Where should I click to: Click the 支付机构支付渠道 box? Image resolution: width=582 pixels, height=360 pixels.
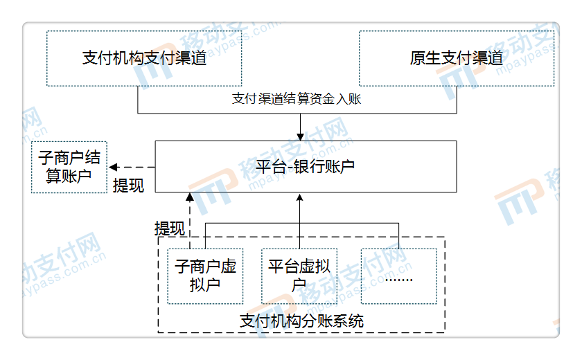click(144, 58)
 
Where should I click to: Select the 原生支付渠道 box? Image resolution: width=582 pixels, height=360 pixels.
click(456, 58)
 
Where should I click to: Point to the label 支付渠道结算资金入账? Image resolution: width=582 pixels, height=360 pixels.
click(297, 99)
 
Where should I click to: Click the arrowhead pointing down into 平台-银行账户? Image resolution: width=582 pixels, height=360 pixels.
click(300, 136)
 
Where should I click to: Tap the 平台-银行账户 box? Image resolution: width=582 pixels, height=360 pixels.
click(306, 167)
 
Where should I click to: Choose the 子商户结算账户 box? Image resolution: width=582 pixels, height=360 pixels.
click(69, 167)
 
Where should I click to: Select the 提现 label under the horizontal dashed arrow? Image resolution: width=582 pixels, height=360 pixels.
click(129, 186)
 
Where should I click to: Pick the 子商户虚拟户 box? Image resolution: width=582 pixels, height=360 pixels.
click(205, 276)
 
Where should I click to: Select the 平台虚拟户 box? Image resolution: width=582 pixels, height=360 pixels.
click(299, 276)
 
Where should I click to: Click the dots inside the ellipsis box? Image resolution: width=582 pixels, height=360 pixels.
click(398, 280)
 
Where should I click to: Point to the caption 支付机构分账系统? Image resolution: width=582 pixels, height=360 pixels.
click(301, 321)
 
